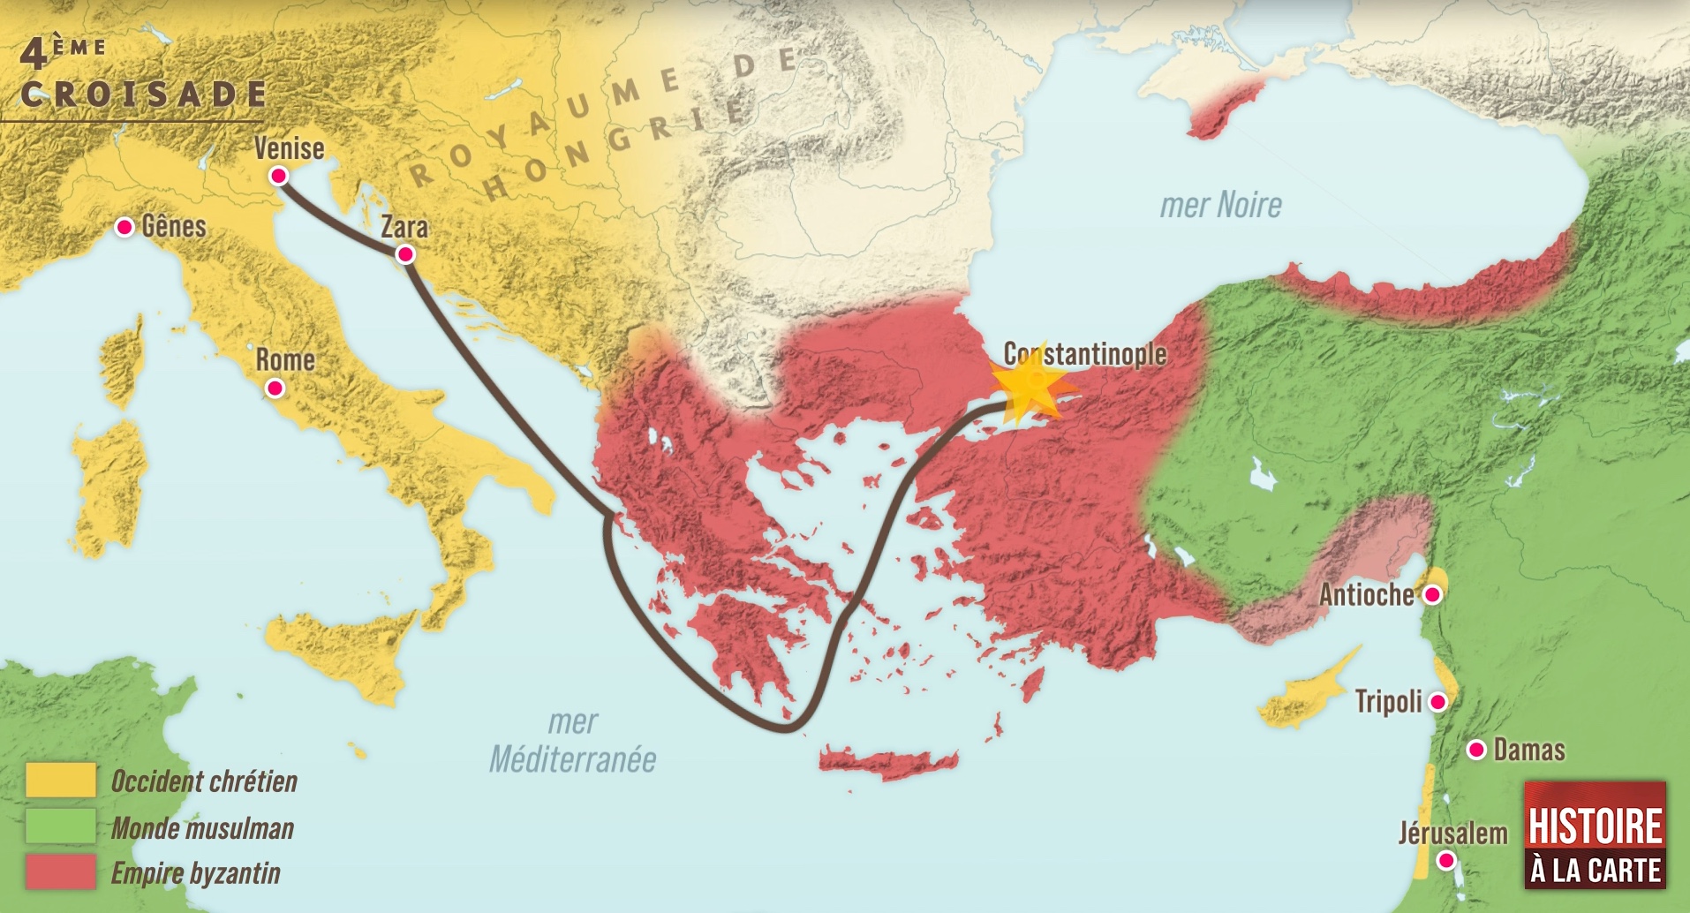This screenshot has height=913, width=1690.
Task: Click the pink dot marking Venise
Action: [x=279, y=176]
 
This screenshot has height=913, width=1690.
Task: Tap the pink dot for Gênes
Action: [x=125, y=227]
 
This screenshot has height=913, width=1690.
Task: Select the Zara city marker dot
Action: [x=405, y=254]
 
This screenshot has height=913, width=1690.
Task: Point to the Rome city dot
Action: [x=275, y=388]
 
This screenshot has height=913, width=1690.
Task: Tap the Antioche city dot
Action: [x=1432, y=595]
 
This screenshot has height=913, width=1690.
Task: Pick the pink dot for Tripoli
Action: [x=1437, y=702]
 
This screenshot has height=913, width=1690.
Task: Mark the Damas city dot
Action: [x=1475, y=750]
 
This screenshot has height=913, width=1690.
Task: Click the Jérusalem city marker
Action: [x=1446, y=860]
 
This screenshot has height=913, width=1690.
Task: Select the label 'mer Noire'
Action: [x=1220, y=205]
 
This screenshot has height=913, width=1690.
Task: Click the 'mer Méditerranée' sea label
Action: [x=573, y=742]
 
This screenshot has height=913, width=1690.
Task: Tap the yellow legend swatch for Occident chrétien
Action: [x=61, y=781]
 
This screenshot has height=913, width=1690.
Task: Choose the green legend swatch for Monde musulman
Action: [x=61, y=827]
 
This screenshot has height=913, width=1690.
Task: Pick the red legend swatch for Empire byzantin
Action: [x=61, y=872]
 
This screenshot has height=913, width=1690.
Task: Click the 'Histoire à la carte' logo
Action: [x=1596, y=835]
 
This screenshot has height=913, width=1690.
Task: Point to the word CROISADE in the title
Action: [x=143, y=94]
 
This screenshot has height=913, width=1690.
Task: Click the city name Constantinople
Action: [x=1085, y=354]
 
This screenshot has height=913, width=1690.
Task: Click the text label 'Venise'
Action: [x=289, y=148]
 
